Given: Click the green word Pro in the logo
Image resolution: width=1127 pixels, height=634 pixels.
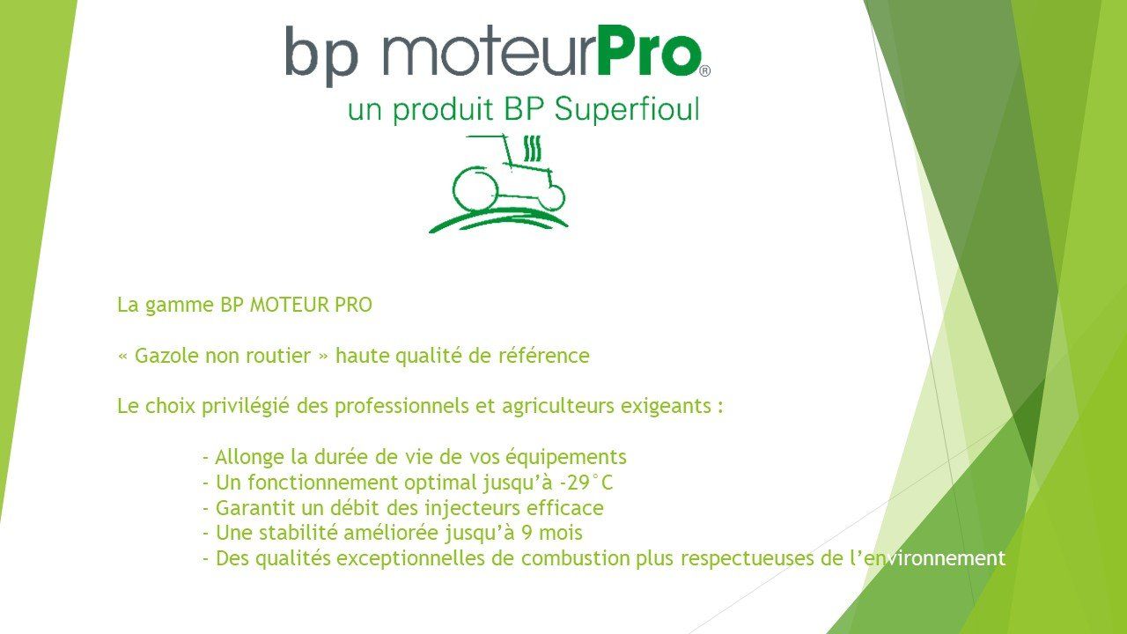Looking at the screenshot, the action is click(648, 50).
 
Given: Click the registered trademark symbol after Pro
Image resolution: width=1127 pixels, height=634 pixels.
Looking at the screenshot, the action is click(705, 71).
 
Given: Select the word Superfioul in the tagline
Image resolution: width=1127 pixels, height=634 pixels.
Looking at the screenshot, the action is click(626, 110).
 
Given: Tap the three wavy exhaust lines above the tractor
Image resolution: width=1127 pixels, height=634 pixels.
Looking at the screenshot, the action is click(533, 149).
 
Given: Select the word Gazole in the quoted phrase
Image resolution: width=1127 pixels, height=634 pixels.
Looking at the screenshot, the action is click(166, 356).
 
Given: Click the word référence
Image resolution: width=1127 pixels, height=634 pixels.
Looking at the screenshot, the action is click(543, 356).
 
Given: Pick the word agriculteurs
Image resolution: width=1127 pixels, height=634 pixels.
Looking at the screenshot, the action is click(558, 407).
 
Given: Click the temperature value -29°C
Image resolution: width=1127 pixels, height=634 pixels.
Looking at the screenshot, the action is click(586, 483).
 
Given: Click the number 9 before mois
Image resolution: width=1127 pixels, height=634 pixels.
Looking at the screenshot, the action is click(527, 533).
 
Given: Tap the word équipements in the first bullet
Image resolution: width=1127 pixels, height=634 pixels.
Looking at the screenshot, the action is click(565, 458).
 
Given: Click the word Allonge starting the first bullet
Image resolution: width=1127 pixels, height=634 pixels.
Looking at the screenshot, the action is click(249, 458).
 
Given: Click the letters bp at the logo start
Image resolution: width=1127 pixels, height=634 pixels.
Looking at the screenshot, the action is click(321, 55).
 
